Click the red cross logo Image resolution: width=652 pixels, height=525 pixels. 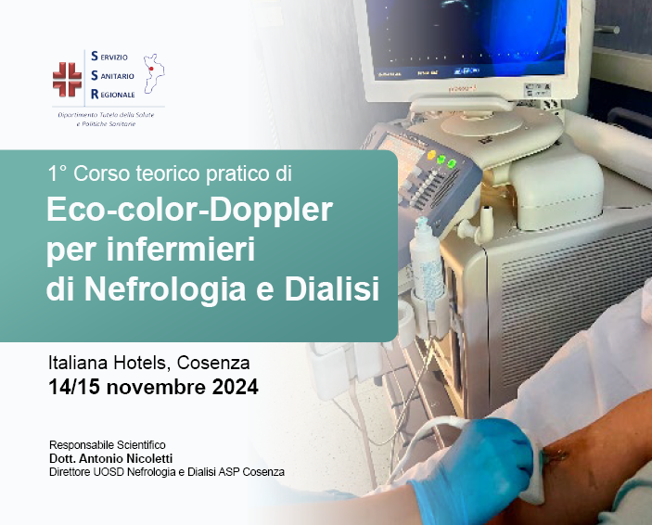tap(67, 80)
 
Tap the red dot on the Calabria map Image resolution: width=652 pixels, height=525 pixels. tap(151, 69)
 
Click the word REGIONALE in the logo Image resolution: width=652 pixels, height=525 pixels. tap(113, 95)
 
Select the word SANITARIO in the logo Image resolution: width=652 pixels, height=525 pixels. tap(112, 76)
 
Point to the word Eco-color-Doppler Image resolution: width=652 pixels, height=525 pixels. tap(189, 210)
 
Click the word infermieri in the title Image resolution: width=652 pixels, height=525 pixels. tap(181, 249)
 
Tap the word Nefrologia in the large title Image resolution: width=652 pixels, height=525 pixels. tap(165, 288)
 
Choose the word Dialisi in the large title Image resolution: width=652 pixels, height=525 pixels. tap(331, 288)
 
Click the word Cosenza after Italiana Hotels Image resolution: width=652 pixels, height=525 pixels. tap(213, 363)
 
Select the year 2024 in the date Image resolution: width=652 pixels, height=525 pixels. tap(235, 387)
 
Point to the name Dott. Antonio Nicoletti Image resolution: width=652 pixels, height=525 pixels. tap(110, 458)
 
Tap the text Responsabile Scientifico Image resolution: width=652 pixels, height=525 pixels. tap(108, 444)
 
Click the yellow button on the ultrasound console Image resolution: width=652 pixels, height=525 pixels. tap(431, 155)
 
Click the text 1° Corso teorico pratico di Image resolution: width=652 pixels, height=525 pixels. tap(170, 173)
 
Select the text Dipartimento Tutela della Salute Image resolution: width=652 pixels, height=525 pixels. tap(106, 115)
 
